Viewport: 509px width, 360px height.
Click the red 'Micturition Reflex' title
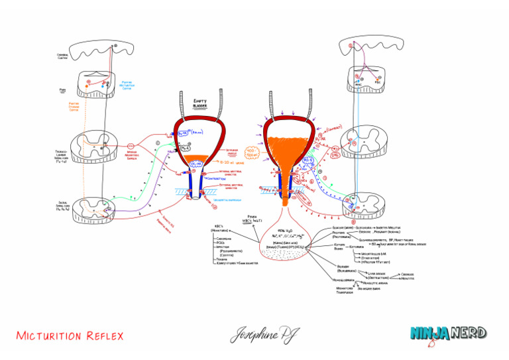pyautogui.click(x=70, y=335)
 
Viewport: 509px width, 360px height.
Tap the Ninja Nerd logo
pyautogui.click(x=448, y=333)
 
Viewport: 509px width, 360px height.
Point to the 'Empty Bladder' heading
pyautogui.click(x=199, y=103)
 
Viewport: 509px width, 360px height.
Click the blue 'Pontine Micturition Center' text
pyautogui.click(x=131, y=86)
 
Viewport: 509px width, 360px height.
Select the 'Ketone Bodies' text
pyautogui.click(x=339, y=247)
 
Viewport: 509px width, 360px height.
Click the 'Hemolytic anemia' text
pyautogui.click(x=375, y=282)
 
